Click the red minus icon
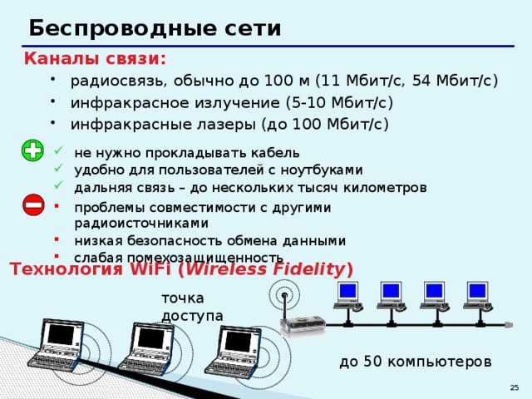pos(33,204)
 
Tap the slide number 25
pos(515,388)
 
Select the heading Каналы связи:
pos(95,59)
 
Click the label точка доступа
pos(192,306)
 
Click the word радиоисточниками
pos(141,223)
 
